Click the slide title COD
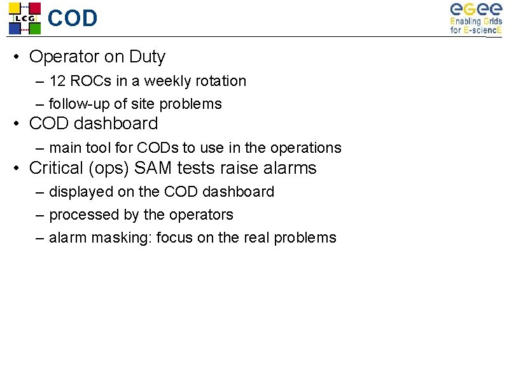tap(73, 18)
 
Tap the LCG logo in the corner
tap(24, 18)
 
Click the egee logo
tap(476, 18)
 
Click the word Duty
tap(147, 57)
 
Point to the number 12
tap(57, 81)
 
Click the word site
tap(143, 104)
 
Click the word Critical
tap(56, 168)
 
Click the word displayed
tap(80, 192)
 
